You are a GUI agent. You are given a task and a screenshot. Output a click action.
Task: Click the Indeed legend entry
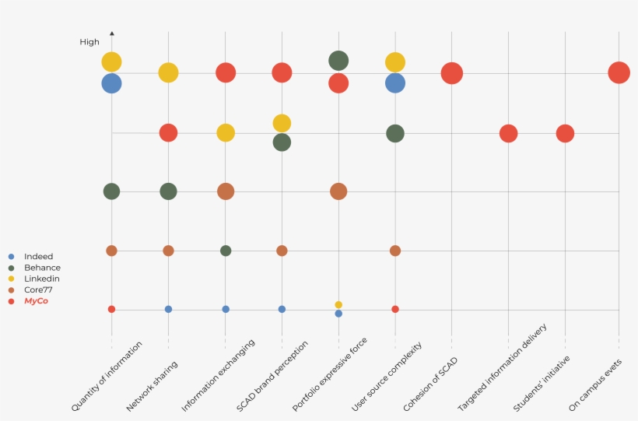(38, 256)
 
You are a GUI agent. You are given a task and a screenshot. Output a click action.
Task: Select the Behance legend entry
(42, 267)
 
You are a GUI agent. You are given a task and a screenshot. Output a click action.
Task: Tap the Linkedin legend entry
(41, 278)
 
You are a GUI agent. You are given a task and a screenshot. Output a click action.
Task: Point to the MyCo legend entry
(36, 300)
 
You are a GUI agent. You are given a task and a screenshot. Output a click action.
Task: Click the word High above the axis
(89, 42)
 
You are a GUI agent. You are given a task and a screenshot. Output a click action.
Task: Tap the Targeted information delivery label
(503, 367)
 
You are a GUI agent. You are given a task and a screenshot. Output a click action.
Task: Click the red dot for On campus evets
(619, 72)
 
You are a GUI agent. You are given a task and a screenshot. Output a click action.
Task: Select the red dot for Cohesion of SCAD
(451, 73)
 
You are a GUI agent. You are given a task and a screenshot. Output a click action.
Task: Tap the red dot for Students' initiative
(565, 133)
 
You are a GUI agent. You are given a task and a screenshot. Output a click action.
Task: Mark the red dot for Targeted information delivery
(508, 133)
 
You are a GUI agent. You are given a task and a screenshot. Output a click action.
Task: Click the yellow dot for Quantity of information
(111, 61)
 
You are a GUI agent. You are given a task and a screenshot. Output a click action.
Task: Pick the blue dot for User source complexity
(395, 82)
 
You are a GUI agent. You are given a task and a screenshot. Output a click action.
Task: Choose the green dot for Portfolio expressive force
(338, 60)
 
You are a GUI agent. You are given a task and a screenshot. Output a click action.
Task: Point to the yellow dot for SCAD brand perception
(282, 123)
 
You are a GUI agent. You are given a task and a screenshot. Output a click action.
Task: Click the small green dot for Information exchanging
(226, 251)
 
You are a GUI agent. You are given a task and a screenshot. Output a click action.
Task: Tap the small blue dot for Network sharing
(168, 309)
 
